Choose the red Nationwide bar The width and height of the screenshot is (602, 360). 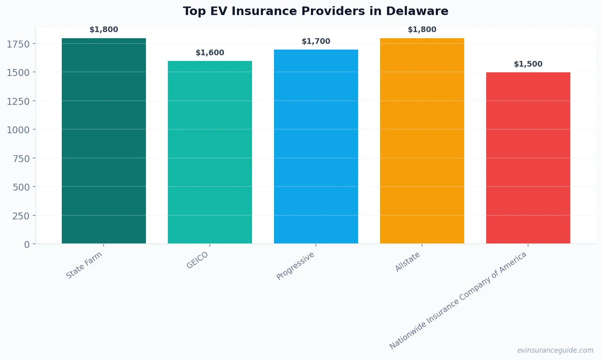pos(528,158)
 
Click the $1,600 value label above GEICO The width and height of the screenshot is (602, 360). pos(210,53)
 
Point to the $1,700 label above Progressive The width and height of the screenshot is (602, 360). pos(316,41)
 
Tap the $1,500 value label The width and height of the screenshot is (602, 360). pos(528,64)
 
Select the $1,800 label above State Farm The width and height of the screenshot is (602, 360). pos(104,30)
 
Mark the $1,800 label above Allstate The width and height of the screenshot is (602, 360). pos(422,30)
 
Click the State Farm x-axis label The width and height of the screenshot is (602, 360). pos(84,265)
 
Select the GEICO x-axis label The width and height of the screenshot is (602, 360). pos(197,260)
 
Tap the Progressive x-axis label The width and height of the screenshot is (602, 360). pos(296,266)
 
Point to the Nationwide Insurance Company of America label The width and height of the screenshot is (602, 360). pos(458,300)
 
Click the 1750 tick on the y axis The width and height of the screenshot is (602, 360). pos(18,44)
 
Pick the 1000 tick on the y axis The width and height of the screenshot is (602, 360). pos(18,130)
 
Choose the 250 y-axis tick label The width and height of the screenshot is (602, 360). pos(21,216)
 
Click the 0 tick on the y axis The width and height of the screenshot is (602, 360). pos(27,245)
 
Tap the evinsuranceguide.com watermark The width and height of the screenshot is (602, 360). pos(555,350)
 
